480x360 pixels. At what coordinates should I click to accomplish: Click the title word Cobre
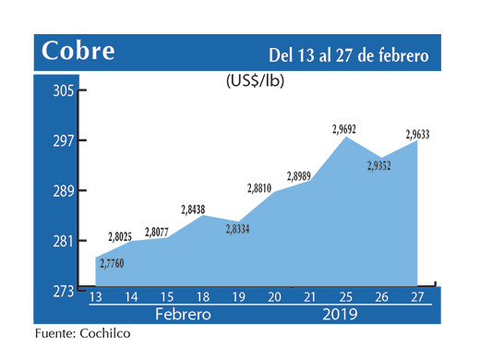pos(78,52)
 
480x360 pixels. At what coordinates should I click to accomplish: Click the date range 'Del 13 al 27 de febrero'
pos(349,54)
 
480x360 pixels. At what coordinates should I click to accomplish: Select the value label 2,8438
pos(194,208)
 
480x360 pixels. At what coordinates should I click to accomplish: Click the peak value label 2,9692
pos(344,129)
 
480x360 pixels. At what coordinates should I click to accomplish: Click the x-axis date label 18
pos(201,297)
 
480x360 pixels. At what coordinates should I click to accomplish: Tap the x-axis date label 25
pos(343,297)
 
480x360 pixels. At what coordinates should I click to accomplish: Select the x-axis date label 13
pos(95,297)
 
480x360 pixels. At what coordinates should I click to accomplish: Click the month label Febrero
pos(183,315)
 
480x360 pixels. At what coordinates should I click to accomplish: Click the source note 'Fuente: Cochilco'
pos(78,334)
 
